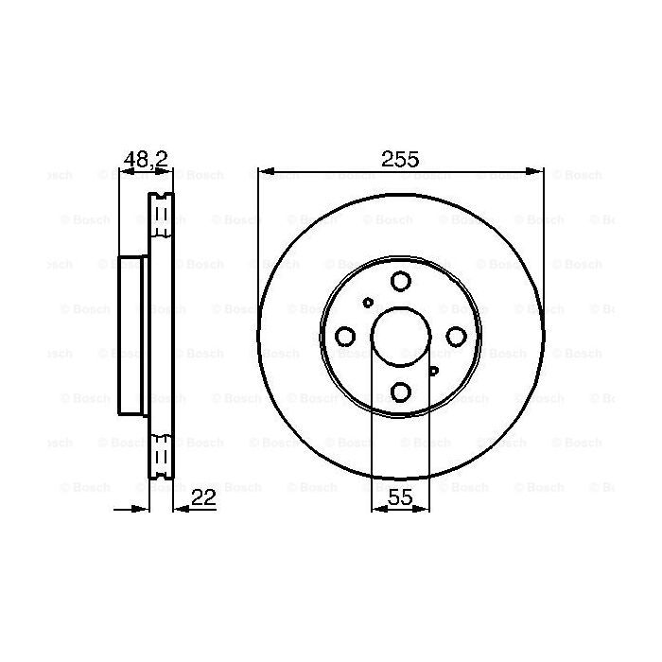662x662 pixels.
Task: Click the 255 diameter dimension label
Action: point(400,159)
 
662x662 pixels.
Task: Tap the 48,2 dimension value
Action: point(146,159)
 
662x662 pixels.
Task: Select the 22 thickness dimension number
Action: point(204,497)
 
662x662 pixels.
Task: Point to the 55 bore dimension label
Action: point(401,497)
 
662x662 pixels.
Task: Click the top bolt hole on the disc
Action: point(401,281)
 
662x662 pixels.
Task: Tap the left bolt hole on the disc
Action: point(346,337)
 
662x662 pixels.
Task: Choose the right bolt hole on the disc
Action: point(457,337)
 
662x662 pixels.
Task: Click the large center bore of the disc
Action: point(401,337)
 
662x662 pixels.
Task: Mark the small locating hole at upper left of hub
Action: point(368,303)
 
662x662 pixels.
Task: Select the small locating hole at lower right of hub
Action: point(434,371)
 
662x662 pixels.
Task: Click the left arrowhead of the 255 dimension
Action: point(264,172)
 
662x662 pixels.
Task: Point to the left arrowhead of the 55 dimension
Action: point(376,509)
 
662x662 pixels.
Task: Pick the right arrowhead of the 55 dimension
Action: point(426,509)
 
